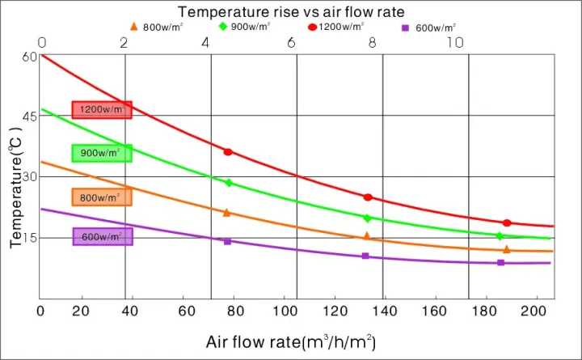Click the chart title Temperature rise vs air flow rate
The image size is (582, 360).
291,11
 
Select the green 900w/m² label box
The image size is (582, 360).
102,153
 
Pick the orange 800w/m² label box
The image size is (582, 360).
102,197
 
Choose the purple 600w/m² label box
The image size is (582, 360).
102,236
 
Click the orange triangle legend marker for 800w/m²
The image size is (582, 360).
134,27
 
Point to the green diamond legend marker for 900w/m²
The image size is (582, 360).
222,27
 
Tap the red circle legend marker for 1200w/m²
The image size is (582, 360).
312,27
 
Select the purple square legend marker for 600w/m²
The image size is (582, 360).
406,28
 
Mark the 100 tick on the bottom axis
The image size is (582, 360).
285,311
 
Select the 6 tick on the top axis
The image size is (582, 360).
290,42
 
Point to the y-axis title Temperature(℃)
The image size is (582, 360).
15,186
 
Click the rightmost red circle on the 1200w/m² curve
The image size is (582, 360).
507,223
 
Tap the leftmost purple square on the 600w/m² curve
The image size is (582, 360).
227,241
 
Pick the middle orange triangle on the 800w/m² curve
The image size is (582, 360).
366,236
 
